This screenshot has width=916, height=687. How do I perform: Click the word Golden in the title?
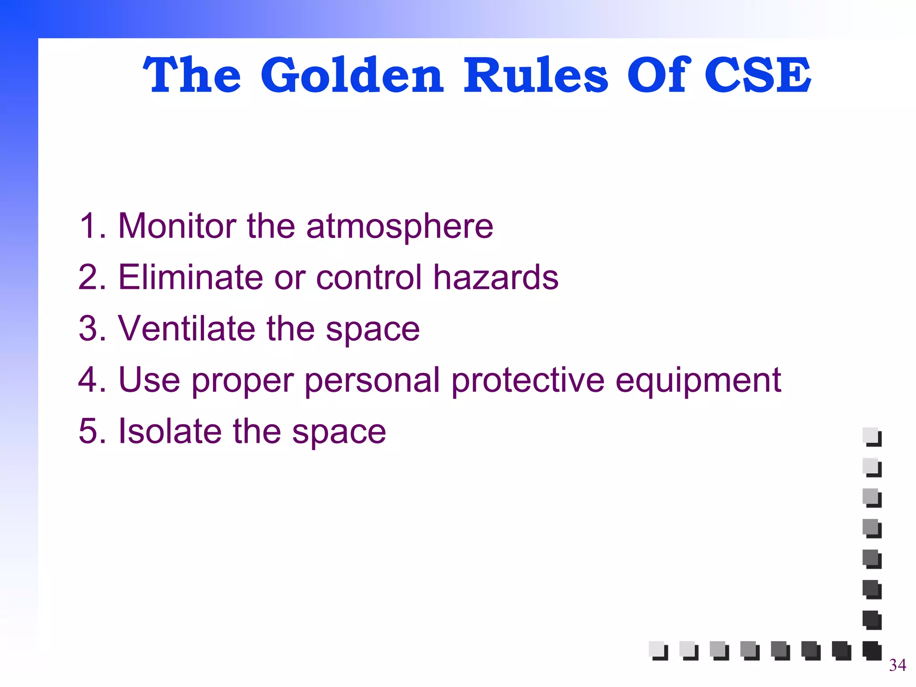click(352, 75)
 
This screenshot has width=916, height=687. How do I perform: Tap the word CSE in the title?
click(757, 75)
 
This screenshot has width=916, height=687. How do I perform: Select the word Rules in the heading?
click(535, 75)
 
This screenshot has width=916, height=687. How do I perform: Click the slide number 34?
click(897, 665)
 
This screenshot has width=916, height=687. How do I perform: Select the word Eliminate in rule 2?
click(191, 277)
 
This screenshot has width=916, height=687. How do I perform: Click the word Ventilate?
click(187, 328)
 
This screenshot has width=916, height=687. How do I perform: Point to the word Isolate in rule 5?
click(170, 431)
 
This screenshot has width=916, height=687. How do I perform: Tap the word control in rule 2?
click(369, 277)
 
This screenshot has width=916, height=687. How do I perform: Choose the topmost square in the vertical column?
click(872, 437)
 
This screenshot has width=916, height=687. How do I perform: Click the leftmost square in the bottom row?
click(658, 650)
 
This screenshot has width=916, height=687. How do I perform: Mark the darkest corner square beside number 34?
click(872, 650)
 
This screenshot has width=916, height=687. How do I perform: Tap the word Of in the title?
click(656, 75)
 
